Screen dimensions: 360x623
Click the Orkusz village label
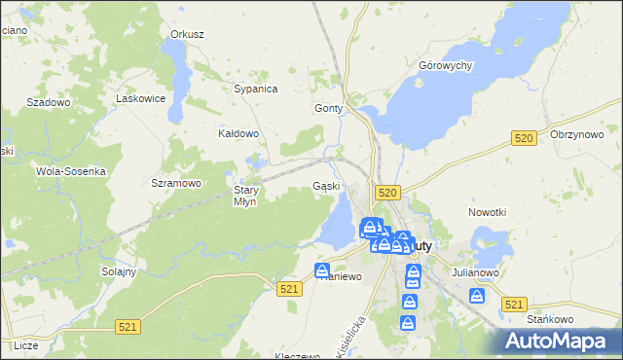pyautogui.click(x=187, y=34)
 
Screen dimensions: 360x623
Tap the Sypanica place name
pyautogui.click(x=256, y=89)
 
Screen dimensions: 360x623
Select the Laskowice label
pyautogui.click(x=137, y=98)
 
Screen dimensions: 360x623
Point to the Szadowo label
pyautogui.click(x=49, y=102)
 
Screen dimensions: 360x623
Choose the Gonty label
pyautogui.click(x=329, y=109)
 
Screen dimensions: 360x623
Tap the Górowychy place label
pyautogui.click(x=445, y=65)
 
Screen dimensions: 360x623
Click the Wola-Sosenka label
pyautogui.click(x=70, y=170)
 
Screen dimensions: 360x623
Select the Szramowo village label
pyautogui.click(x=176, y=183)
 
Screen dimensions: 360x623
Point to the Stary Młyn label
pyautogui.click(x=244, y=196)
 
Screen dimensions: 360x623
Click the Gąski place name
pyautogui.click(x=326, y=186)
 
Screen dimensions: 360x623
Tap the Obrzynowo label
pyautogui.click(x=577, y=134)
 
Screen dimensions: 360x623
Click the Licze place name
pyautogui.click(x=26, y=345)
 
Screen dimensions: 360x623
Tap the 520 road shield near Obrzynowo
pyautogui.click(x=524, y=140)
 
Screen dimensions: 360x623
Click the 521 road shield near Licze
pyautogui.click(x=128, y=329)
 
